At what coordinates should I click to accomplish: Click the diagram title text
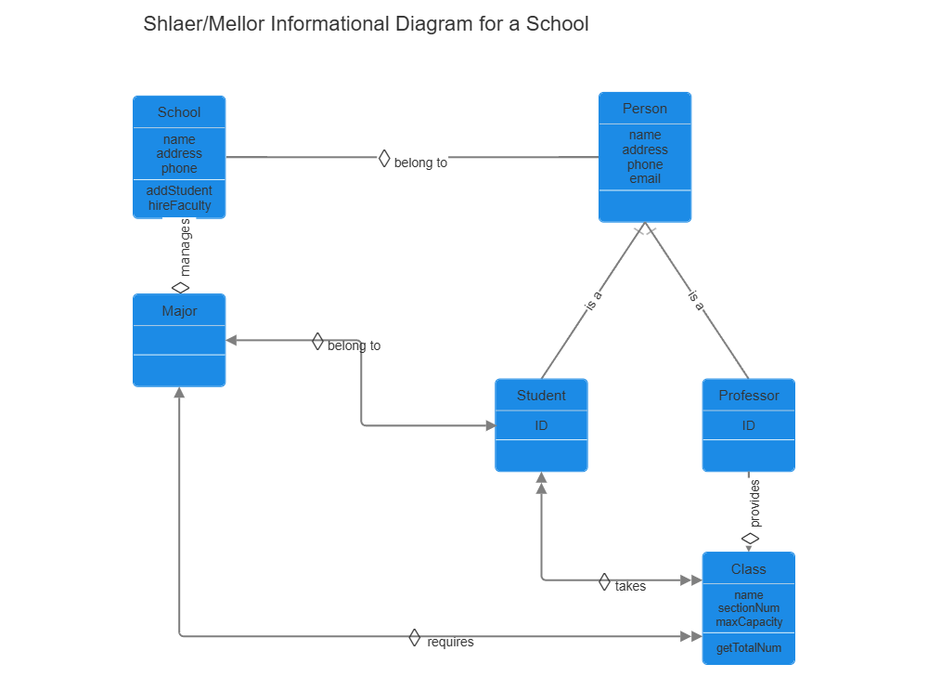click(x=366, y=24)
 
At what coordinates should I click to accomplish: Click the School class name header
click(x=179, y=112)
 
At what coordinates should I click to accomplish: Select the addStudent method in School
click(x=179, y=190)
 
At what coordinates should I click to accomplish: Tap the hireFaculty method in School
click(x=179, y=205)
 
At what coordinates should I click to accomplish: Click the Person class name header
click(x=645, y=109)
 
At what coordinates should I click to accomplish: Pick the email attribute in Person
click(x=645, y=178)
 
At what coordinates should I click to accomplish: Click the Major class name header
click(x=179, y=311)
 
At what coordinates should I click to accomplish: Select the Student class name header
click(x=541, y=396)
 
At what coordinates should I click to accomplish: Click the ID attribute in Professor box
click(x=748, y=425)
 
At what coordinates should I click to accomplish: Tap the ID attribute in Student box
click(x=541, y=425)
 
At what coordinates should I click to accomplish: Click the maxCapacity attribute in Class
click(x=749, y=621)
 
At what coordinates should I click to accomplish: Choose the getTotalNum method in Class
click(x=748, y=648)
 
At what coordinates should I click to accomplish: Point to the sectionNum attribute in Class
click(x=749, y=608)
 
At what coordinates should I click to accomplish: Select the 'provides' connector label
click(x=754, y=504)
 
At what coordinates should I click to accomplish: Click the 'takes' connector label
click(x=630, y=586)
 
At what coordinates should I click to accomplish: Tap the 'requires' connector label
click(x=450, y=642)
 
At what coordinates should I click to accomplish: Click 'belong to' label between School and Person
click(x=420, y=163)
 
